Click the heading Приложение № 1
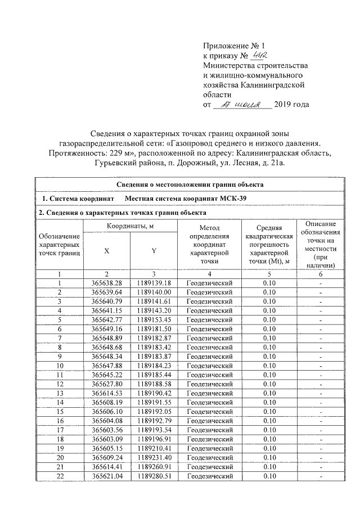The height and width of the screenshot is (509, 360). pyautogui.click(x=232, y=44)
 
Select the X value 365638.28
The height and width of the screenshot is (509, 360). pyautogui.click(x=106, y=282)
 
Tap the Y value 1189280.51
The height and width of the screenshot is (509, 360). pyautogui.click(x=153, y=476)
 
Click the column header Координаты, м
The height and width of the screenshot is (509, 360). pyautogui.click(x=129, y=226)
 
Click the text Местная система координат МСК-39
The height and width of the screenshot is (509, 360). pyautogui.click(x=185, y=199)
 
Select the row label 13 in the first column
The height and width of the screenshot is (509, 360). pyautogui.click(x=59, y=393)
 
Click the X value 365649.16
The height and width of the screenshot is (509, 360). pyautogui.click(x=106, y=328)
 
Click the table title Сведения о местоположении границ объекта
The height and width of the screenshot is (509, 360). pyautogui.click(x=191, y=184)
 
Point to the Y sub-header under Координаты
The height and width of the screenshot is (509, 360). pyautogui.click(x=153, y=251)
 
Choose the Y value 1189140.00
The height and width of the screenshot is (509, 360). pyautogui.click(x=153, y=292)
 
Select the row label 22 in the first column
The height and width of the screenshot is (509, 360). pyautogui.click(x=59, y=476)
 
